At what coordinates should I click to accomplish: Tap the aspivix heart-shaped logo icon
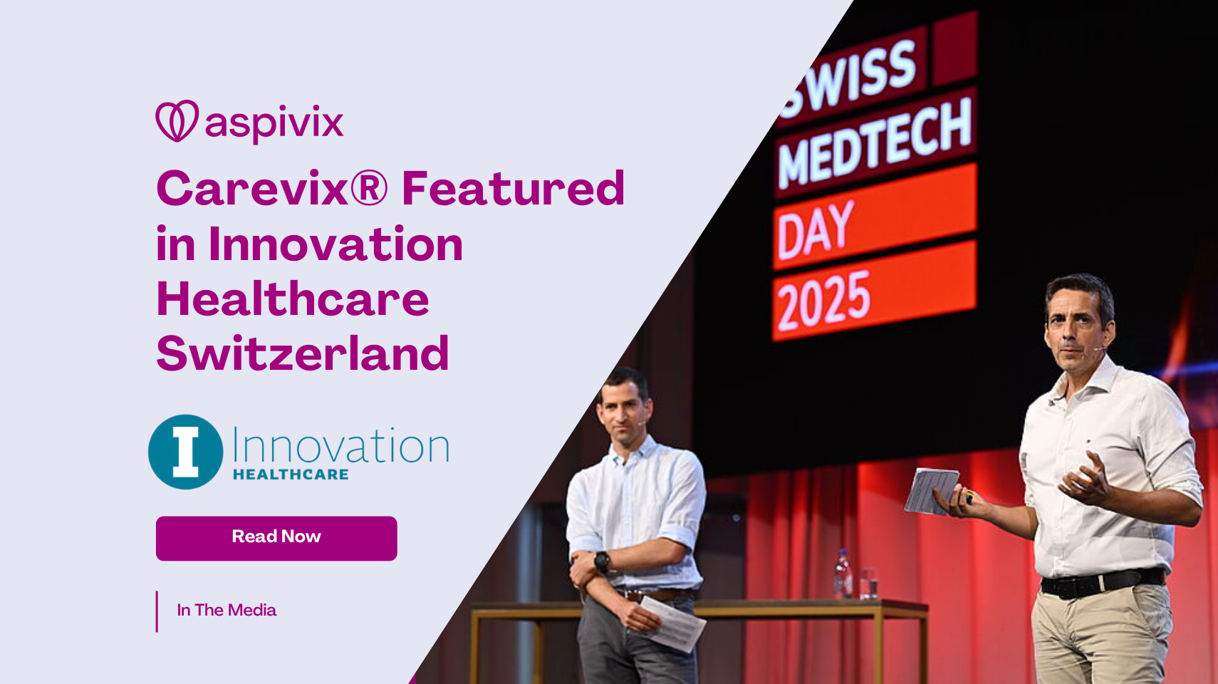tap(177, 121)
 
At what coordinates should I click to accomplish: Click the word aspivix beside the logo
tap(274, 123)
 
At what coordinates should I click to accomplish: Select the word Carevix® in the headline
tap(271, 189)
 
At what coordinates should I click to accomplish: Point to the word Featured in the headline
tap(513, 189)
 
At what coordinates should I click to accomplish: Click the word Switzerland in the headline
tap(303, 354)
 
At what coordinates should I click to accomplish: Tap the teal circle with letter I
tap(185, 452)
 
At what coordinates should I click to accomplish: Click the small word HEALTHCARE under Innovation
tap(291, 475)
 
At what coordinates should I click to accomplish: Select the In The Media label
tap(227, 610)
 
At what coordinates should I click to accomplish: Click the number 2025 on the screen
tap(824, 301)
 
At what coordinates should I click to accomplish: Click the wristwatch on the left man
tap(602, 561)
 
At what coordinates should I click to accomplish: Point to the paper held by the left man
tap(673, 623)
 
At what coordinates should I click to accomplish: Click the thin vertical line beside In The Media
tap(157, 611)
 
